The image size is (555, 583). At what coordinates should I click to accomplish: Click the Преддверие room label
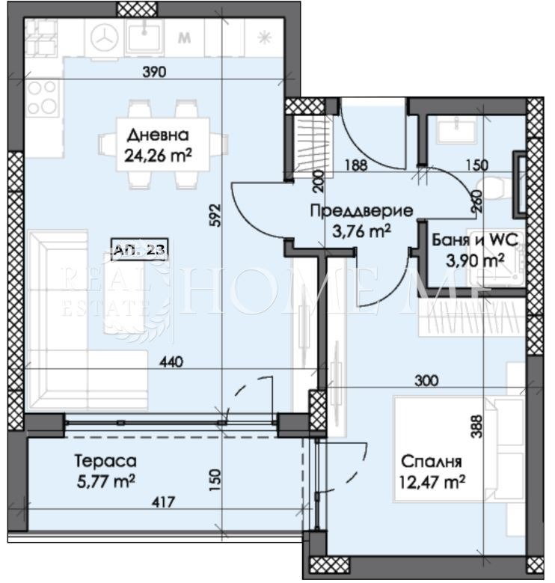pos(352,212)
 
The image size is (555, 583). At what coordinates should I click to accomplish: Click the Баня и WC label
pos(475,240)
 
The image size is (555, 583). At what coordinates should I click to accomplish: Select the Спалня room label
pos(429,462)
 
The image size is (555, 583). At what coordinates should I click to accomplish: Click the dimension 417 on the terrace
pos(163,502)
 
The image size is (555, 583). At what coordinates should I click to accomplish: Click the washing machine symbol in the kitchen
pos(103,37)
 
